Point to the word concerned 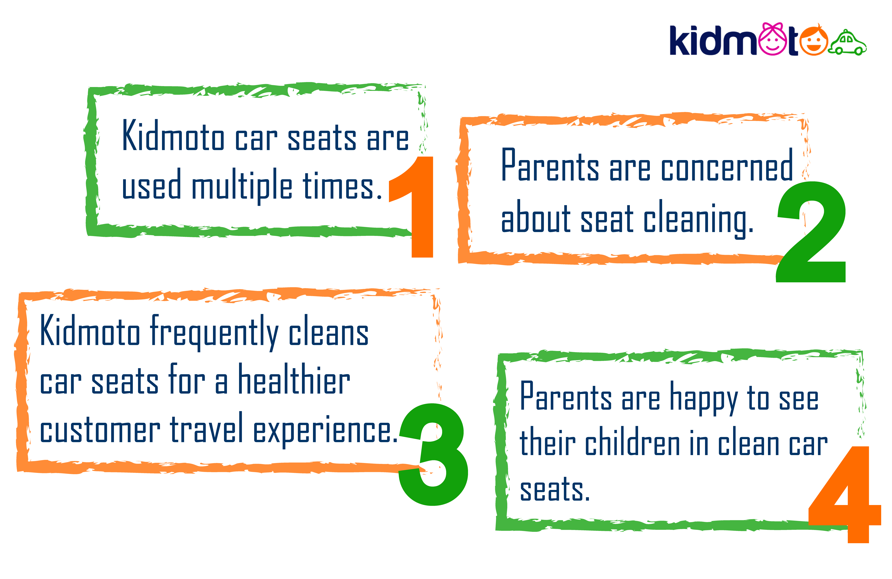pos(727,165)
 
